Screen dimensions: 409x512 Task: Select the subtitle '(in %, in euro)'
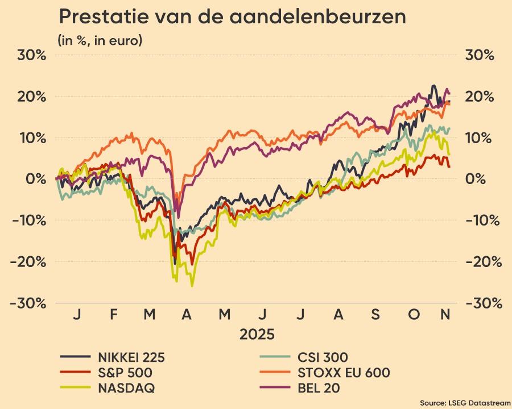pyautogui.click(x=100, y=40)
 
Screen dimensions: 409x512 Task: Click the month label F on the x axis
pyautogui.click(x=113, y=314)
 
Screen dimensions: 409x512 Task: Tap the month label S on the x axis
pyautogui.click(x=375, y=314)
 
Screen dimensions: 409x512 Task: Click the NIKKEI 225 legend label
pyautogui.click(x=131, y=357)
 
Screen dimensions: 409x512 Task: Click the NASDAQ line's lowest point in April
pyautogui.click(x=192, y=286)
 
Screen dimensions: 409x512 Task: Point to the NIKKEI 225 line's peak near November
pyautogui.click(x=433, y=86)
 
